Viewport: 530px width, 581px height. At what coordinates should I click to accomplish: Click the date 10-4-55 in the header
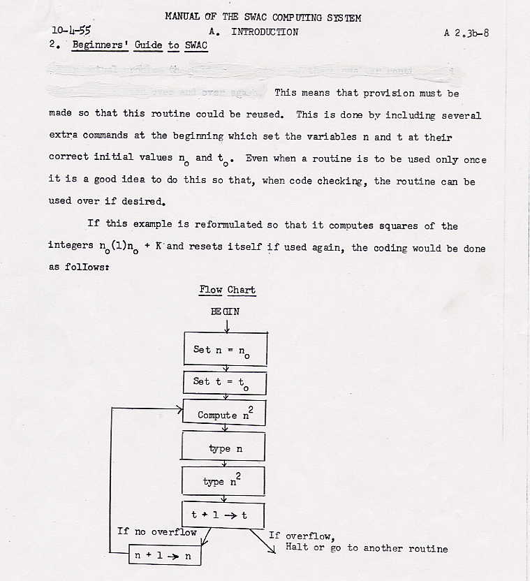[71, 31]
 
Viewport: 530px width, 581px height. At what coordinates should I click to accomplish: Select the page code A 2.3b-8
[466, 32]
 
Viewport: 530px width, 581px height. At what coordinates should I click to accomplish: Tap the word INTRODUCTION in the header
[265, 31]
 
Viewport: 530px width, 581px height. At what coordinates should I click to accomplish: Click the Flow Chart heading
[227, 290]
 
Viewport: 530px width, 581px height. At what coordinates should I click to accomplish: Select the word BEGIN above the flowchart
[225, 311]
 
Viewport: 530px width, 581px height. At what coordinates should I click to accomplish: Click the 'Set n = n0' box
[224, 350]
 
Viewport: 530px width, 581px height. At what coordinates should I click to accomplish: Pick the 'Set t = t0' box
[224, 382]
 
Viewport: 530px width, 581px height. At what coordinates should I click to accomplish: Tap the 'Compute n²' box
[224, 413]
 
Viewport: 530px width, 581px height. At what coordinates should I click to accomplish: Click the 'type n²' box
[223, 480]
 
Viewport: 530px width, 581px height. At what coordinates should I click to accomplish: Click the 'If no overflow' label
[157, 532]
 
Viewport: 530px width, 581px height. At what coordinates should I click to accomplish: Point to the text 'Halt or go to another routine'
[367, 548]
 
